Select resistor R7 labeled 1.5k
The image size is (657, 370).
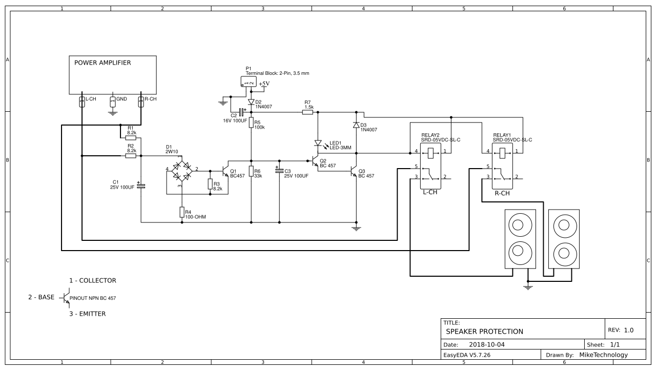pyautogui.click(x=307, y=111)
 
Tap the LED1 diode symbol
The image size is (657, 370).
pyautogui.click(x=318, y=143)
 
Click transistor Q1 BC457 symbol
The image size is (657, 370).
pyautogui.click(x=225, y=170)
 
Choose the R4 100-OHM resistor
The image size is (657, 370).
pyautogui.click(x=181, y=212)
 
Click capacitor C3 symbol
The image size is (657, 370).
pyautogui.click(x=279, y=171)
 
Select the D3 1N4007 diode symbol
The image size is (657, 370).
pyautogui.click(x=356, y=126)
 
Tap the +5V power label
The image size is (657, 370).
pyautogui.click(x=264, y=84)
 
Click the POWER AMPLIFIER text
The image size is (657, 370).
pyautogui.click(x=102, y=63)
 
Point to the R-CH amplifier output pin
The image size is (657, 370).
pyautogui.click(x=141, y=101)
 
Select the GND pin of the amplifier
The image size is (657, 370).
pyautogui.click(x=113, y=101)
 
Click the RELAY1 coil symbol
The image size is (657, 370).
pyautogui.click(x=503, y=152)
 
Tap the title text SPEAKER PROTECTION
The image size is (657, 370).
pyautogui.click(x=477, y=332)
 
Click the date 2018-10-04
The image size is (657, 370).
pyautogui.click(x=487, y=344)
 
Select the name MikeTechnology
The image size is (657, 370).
pyautogui.click(x=603, y=355)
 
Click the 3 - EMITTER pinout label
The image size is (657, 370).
pyautogui.click(x=88, y=314)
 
